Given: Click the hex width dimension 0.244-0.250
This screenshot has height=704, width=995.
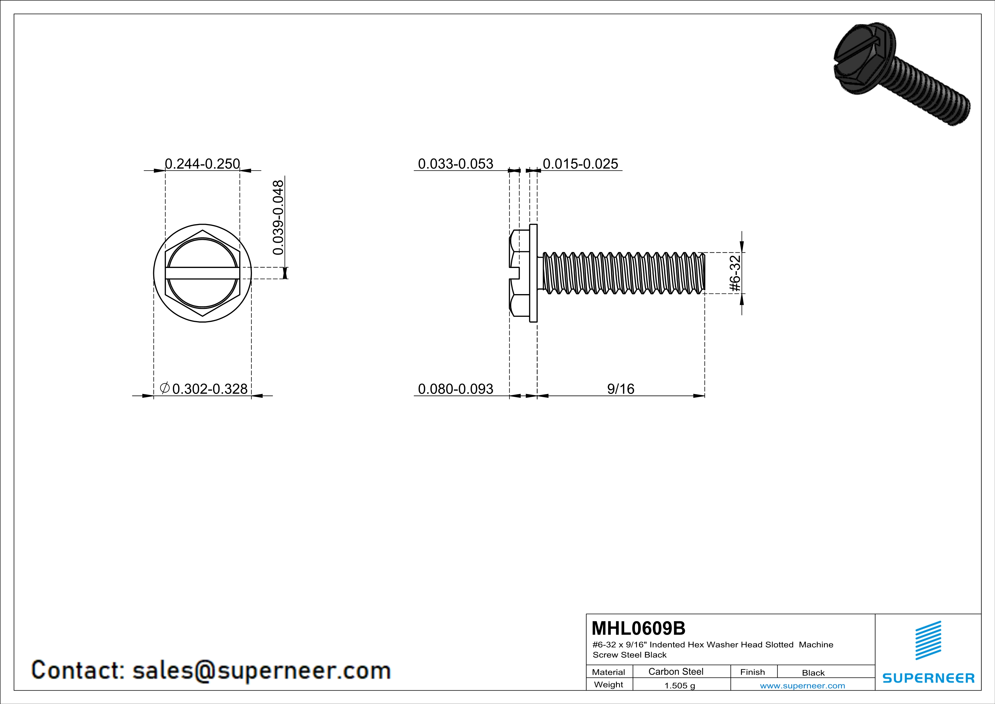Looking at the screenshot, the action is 202,164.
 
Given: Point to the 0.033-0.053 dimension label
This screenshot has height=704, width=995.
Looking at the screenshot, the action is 455,164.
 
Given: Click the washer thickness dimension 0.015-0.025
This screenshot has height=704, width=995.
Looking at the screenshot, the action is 580,164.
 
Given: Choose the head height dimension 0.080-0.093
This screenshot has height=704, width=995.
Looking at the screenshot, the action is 455,389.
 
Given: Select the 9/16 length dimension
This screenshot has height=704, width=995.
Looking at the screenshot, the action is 620,389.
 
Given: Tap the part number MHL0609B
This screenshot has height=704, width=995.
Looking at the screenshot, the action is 638,628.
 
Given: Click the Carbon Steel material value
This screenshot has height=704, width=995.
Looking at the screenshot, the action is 676,671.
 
